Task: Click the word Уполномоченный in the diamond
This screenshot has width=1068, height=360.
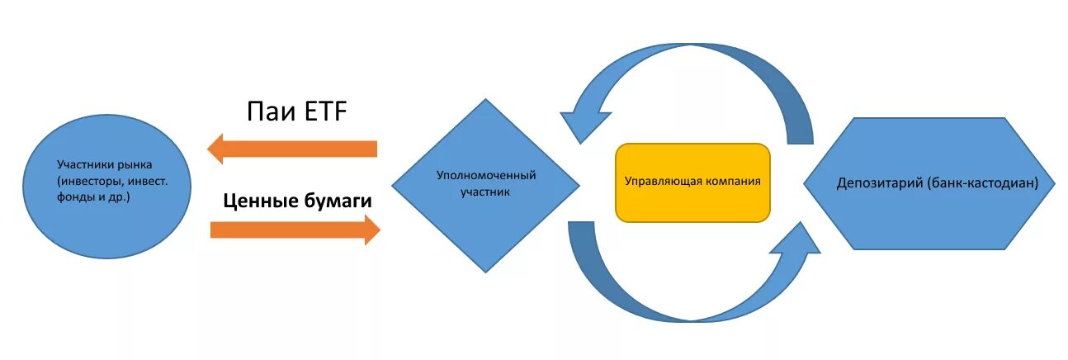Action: click(486, 176)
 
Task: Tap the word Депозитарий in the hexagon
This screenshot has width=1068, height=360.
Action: click(875, 182)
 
